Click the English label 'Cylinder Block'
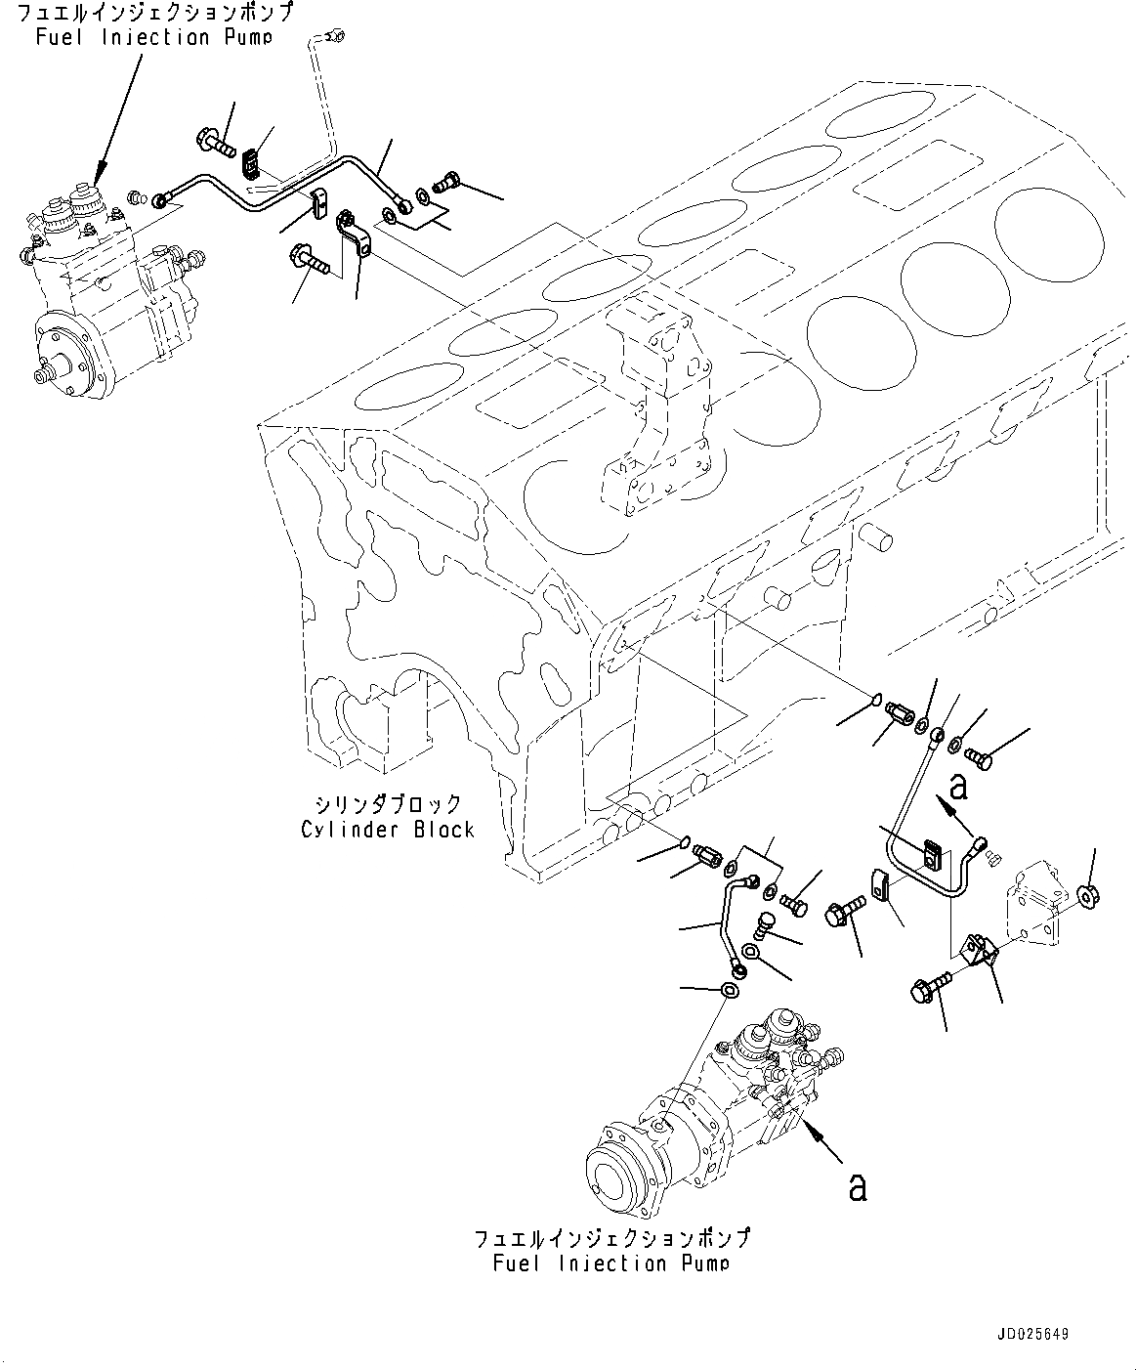(388, 830)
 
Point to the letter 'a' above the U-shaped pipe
(959, 785)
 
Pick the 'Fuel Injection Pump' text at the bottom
(611, 1263)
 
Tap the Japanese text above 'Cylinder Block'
(388, 804)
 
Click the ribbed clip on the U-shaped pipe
(930, 852)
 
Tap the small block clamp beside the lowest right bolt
(979, 950)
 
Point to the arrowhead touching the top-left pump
(99, 180)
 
